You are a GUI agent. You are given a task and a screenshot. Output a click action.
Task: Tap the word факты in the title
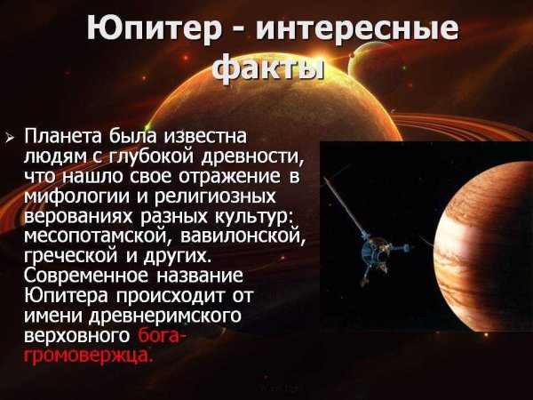[x=266, y=68]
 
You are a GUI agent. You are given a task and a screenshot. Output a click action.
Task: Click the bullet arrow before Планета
[x=11, y=139]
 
